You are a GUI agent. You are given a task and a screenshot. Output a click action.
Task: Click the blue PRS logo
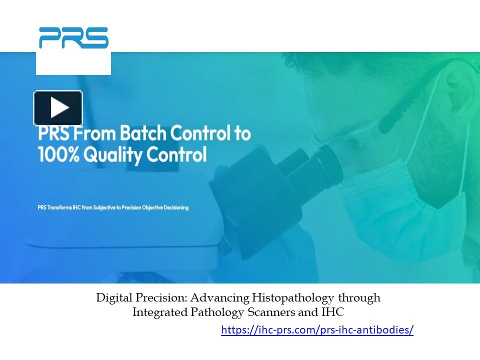(73, 38)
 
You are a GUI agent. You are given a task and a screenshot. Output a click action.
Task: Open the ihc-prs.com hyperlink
(317, 330)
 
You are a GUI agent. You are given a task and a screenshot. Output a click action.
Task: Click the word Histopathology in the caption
(297, 298)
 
